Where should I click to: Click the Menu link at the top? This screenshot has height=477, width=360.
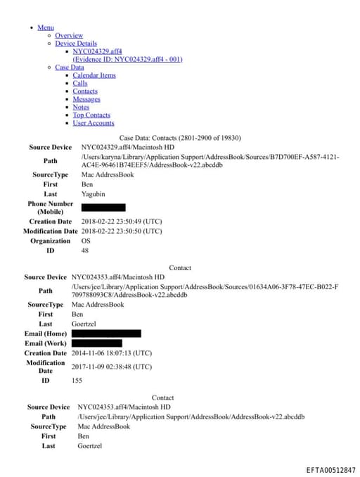point(45,27)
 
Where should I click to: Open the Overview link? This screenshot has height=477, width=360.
point(69,35)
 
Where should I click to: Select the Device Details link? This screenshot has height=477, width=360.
point(76,44)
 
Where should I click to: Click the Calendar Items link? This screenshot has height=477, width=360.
point(94,75)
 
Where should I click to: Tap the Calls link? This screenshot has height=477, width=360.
point(80,83)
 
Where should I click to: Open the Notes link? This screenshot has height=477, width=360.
point(81,107)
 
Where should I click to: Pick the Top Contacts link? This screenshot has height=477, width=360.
point(91,115)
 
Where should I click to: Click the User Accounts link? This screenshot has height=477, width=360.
point(94,123)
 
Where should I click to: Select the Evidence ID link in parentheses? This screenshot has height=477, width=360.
point(127,59)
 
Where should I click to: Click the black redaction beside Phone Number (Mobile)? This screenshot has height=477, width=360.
point(103,208)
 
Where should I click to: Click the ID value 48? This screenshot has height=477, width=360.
point(85,250)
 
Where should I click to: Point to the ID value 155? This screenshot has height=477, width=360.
point(77,381)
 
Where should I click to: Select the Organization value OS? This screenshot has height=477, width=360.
point(86,241)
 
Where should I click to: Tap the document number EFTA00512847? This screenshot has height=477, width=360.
point(330,469)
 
